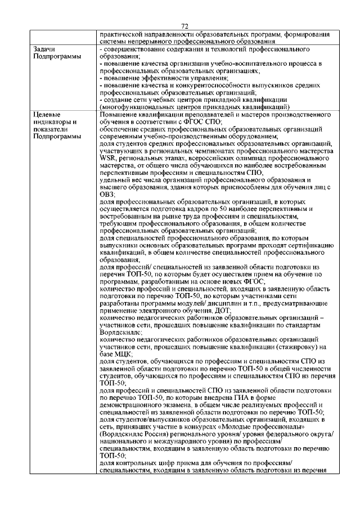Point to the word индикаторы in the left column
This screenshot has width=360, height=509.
(52, 121)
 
